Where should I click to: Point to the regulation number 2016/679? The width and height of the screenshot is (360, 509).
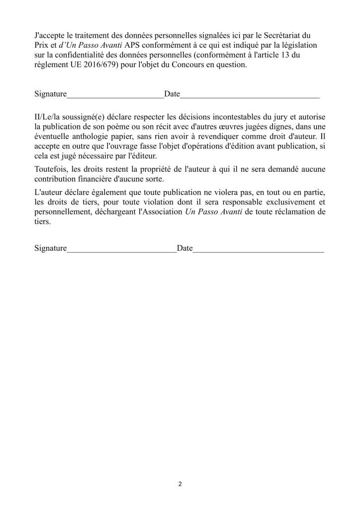pos(91,65)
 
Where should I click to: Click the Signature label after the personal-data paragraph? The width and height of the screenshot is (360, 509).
pos(50,94)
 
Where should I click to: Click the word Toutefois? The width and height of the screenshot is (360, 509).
pos(51,169)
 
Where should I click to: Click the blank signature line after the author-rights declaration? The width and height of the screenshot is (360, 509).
pos(122,249)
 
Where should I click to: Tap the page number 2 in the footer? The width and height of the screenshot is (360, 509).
pos(180,484)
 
